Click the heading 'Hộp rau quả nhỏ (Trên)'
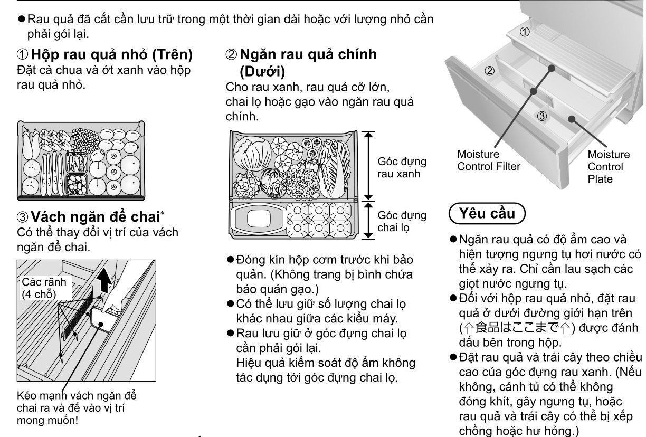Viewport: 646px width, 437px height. pos(111,54)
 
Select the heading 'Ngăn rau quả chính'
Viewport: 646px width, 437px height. pos(308,54)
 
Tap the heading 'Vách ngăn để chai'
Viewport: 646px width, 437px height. pos(95,217)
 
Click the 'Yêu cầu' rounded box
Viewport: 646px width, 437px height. pos(487,213)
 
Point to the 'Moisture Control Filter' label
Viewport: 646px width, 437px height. pos(489,160)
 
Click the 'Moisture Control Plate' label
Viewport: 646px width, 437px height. pos(609,167)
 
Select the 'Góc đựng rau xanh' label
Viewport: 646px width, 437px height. pos(402,168)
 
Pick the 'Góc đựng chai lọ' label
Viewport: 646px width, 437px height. pos(402,222)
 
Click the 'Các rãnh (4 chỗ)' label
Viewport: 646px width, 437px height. pos(44,288)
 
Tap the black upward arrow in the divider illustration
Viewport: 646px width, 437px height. pos(104,280)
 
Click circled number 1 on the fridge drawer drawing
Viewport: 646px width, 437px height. pos(525,32)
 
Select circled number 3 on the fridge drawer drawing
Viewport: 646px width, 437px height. pos(542,116)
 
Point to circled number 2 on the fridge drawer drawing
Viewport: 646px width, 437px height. pos(489,71)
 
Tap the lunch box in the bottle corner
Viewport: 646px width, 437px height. pos(259,218)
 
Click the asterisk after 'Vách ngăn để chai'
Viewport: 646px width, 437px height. pos(163,213)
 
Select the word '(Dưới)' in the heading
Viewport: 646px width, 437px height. pos(262,72)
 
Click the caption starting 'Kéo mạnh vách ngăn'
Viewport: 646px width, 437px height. pos(77,408)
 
